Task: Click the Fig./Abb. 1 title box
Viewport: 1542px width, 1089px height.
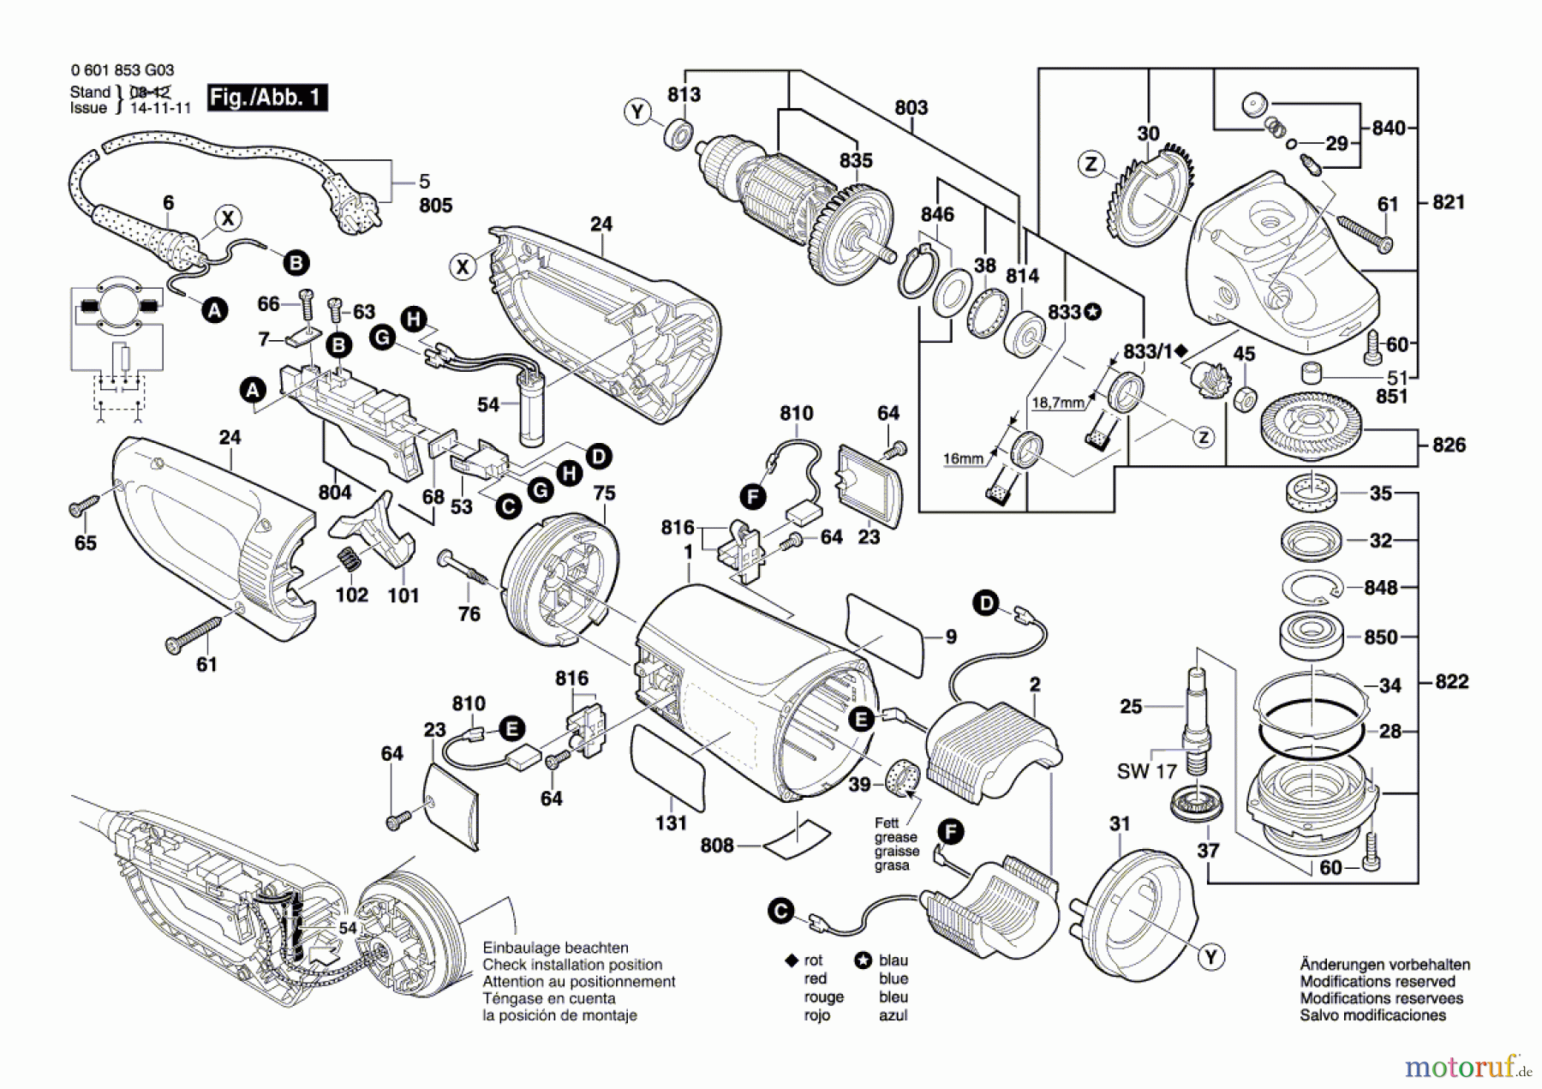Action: coord(266,98)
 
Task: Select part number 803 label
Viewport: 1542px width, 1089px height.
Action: coord(911,108)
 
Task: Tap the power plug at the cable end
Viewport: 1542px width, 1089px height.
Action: coord(351,212)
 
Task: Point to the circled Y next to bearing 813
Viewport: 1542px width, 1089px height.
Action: coord(637,112)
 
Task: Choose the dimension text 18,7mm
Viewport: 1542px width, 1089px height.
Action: coord(1058,403)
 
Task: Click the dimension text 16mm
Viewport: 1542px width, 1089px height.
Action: coord(963,458)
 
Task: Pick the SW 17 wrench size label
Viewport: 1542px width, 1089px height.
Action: coord(1146,771)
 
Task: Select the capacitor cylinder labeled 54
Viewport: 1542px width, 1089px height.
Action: coord(531,409)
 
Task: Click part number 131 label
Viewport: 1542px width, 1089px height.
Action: coord(671,823)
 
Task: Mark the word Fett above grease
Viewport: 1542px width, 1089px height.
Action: coord(887,823)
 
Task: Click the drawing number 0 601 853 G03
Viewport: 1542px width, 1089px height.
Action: coord(123,70)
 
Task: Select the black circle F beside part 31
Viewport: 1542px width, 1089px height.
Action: coord(950,831)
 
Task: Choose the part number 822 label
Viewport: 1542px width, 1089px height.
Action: coord(1451,682)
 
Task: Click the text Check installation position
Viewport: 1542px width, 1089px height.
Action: coord(572,965)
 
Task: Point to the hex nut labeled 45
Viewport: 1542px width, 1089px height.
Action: coord(1246,398)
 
